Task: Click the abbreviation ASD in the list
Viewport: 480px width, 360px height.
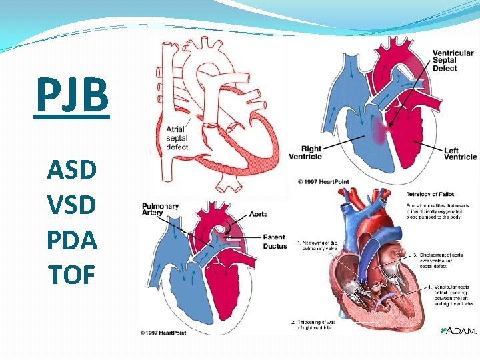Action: [x=72, y=170]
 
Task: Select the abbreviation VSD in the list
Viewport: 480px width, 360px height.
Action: [x=72, y=205]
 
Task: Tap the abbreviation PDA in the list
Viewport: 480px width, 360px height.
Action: [x=72, y=239]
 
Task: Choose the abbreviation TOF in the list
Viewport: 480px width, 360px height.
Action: [x=72, y=274]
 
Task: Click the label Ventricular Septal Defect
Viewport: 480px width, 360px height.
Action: [x=453, y=61]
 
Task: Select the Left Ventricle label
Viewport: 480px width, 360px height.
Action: [x=461, y=153]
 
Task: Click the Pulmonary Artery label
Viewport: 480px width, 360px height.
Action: [x=160, y=210]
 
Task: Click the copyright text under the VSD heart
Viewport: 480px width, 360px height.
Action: [x=323, y=181]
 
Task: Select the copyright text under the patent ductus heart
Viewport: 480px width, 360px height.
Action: [x=167, y=331]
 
